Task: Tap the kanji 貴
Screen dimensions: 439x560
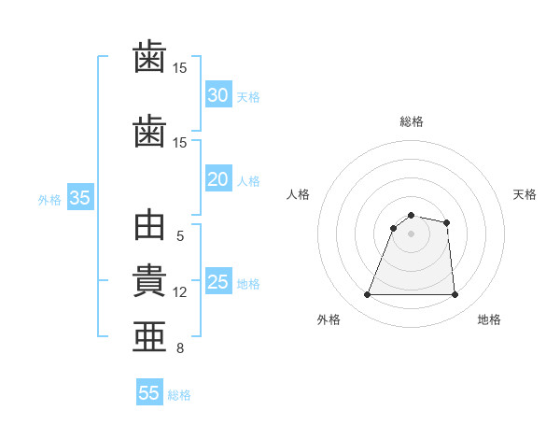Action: tap(149, 282)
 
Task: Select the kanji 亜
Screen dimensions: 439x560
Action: tap(149, 337)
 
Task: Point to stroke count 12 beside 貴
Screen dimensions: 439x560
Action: tap(180, 292)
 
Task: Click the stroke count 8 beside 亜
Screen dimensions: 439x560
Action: tap(180, 348)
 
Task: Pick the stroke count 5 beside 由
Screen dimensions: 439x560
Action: tap(180, 236)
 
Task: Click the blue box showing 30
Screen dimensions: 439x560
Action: tap(217, 95)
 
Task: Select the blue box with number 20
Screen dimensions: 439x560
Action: tap(217, 179)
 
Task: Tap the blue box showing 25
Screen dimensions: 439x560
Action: tap(217, 282)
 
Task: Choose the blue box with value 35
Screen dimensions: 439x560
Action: tap(79, 198)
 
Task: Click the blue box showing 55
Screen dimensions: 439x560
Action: tap(148, 393)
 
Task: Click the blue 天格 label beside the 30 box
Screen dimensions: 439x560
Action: tap(247, 97)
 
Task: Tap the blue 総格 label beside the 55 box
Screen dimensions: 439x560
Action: tap(179, 395)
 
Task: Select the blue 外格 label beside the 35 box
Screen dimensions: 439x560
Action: tap(49, 199)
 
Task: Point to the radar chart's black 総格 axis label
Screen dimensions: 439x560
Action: tap(411, 121)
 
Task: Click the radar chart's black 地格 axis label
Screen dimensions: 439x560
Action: tap(489, 319)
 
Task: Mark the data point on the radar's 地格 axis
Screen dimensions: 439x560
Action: tap(455, 295)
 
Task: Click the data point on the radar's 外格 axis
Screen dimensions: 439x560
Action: tap(368, 295)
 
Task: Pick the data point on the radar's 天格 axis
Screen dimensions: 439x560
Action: tap(447, 222)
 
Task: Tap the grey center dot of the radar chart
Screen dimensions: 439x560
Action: tap(411, 234)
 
